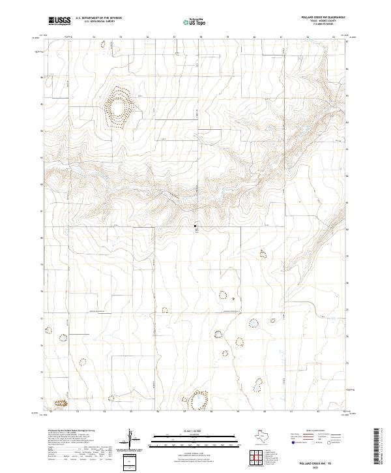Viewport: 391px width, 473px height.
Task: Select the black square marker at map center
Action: click(195, 226)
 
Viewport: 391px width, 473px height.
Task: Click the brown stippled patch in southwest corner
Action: click(61, 404)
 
